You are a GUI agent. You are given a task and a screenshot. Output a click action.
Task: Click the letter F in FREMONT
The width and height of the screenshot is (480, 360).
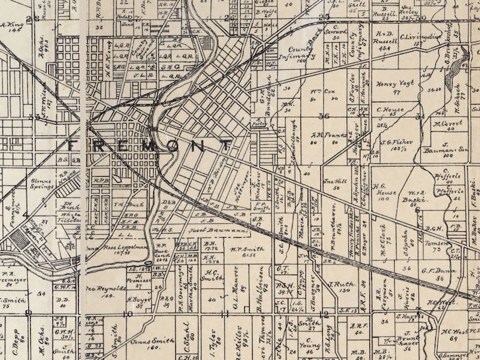[71, 146]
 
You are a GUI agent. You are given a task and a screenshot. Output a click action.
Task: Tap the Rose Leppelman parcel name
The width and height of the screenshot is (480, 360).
[124, 248]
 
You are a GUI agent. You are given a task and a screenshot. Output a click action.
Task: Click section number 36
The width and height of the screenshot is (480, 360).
[324, 115]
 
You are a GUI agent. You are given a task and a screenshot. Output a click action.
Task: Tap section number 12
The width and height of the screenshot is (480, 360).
[325, 313]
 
